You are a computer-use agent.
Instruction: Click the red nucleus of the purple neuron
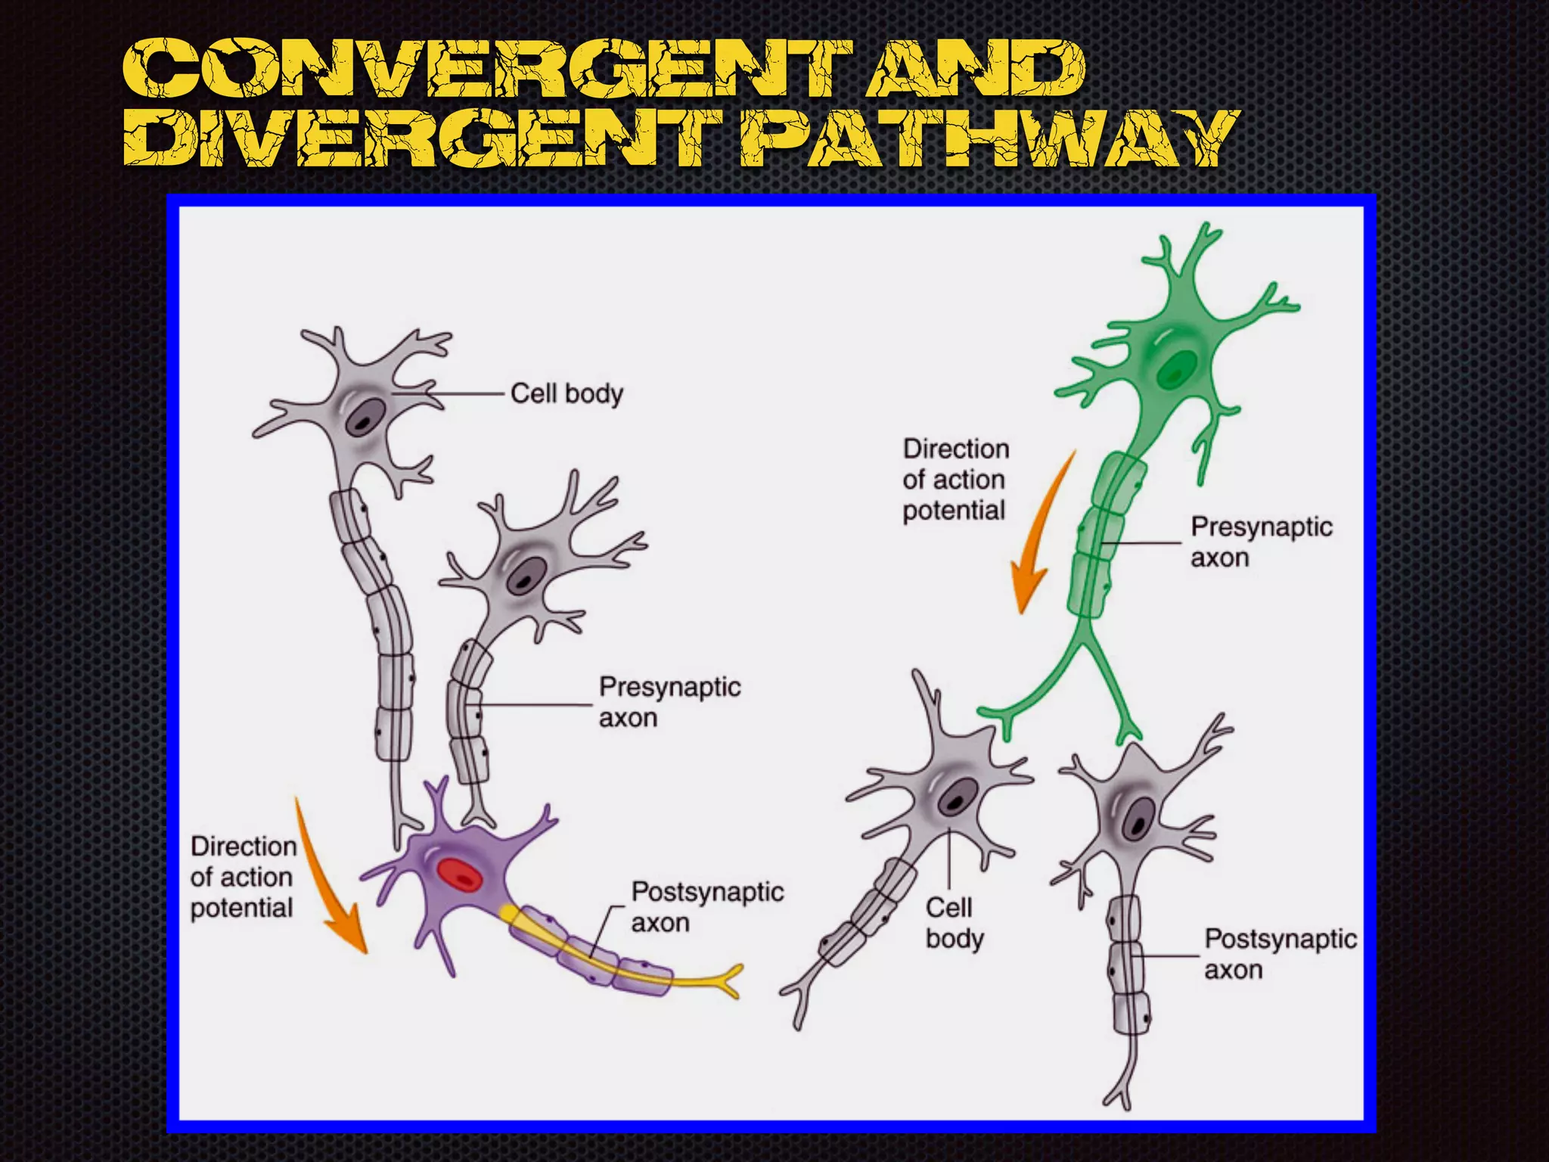459,875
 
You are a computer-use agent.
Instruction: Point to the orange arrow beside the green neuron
1040,537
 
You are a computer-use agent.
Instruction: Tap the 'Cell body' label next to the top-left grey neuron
567,393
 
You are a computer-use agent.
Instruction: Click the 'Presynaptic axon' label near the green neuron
1261,542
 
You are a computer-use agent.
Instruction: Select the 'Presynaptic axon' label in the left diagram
669,702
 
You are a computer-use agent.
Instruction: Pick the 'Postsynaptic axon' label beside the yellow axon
707,907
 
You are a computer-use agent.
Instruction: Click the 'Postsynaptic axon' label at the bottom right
1280,954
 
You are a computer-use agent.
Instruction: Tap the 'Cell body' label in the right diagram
954,923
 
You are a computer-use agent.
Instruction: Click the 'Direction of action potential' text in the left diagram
243,877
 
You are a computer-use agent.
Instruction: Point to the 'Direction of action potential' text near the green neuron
955,480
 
